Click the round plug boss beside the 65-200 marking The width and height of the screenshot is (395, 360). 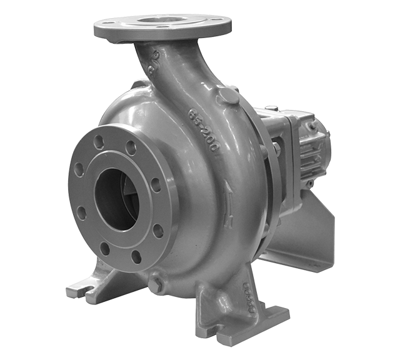pyautogui.click(x=229, y=95)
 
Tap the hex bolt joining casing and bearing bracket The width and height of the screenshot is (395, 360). pyautogui.click(x=275, y=149)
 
